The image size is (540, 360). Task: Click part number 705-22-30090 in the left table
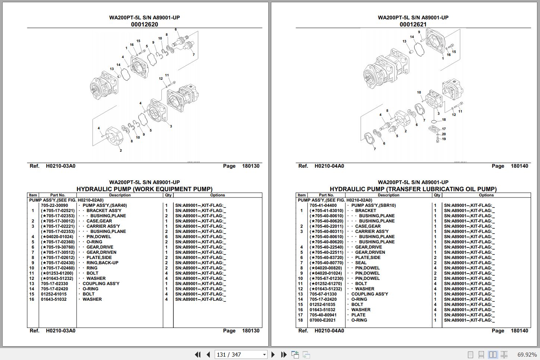tap(54, 205)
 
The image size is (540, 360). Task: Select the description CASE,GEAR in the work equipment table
tap(99, 221)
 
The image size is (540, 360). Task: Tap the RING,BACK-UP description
tap(102, 263)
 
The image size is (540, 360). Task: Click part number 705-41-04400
tap(323, 205)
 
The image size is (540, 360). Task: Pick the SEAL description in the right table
tap(361, 263)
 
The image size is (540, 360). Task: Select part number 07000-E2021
tap(322, 320)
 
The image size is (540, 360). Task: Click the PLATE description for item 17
tap(358, 315)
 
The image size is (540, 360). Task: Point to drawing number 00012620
tap(144, 24)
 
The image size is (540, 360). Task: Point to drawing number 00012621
tap(413, 24)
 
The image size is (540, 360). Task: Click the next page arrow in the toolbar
tap(273, 354)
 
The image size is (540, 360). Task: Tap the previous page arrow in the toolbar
tap(209, 354)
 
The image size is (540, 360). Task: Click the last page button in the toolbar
tap(284, 354)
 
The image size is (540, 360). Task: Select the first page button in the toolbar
tap(198, 354)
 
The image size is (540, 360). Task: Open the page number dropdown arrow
tap(265, 355)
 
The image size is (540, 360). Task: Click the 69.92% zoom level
tap(527, 355)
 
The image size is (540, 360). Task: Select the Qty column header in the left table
tap(168, 195)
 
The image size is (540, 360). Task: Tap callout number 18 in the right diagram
tap(444, 120)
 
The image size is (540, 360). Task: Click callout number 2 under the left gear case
tap(121, 151)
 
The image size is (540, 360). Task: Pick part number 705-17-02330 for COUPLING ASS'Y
tap(54, 284)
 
